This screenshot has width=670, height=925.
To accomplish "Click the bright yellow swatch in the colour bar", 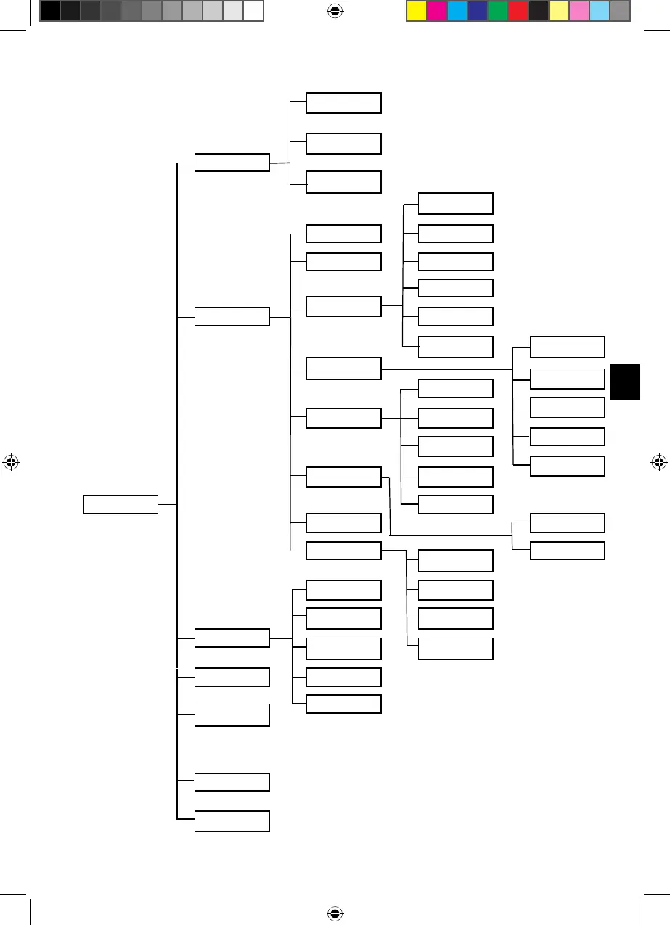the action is coord(416,11).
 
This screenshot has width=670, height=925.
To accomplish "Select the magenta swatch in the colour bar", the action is coord(436,11).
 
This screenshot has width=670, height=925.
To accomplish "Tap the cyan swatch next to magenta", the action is coord(457,11).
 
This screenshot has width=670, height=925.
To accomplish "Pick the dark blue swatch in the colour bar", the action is coord(477,11).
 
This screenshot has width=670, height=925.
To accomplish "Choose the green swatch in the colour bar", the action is coord(497,11).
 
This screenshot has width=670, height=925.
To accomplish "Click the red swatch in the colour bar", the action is coord(518,11).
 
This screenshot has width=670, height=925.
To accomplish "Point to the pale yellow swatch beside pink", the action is coord(558,11).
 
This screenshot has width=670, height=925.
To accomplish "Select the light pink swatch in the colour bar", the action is coord(579,11).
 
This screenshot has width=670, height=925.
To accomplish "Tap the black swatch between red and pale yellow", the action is coord(538,11).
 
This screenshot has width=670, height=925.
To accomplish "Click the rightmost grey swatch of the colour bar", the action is coord(619,11).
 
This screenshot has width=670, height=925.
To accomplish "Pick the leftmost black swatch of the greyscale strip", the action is coord(49,11).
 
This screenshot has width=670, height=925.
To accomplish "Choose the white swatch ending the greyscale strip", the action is coord(252,11).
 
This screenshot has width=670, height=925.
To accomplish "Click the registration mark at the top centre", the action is coord(335,10).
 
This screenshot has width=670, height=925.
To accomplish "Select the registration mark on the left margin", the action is coord(11,461).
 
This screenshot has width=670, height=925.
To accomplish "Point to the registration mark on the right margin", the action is coord(658,461).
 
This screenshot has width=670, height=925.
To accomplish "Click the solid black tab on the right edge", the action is coord(624,382).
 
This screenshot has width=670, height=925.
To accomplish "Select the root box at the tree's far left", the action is coord(120,504).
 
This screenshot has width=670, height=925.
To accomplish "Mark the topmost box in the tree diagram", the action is coord(343,103).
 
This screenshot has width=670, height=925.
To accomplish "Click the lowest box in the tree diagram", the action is coord(232,821).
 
